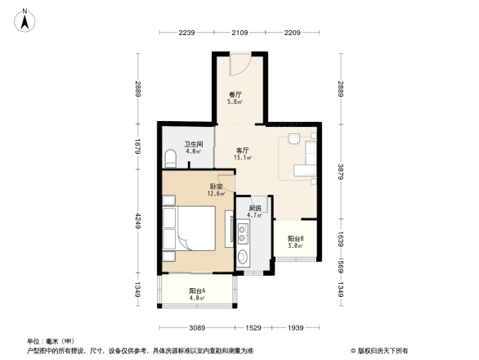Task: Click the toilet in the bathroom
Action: click(169, 157)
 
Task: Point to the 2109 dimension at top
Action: click(239, 33)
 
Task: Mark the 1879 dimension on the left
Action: click(139, 146)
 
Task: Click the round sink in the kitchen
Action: click(244, 259)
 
